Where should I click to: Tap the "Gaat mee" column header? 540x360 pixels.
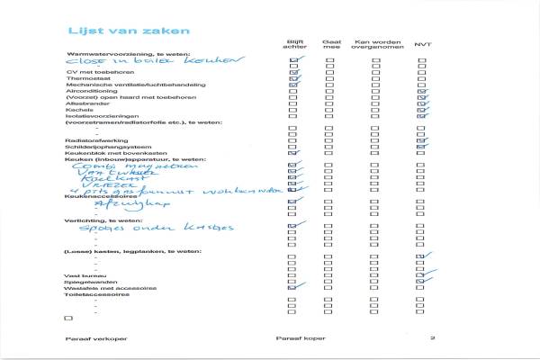330,44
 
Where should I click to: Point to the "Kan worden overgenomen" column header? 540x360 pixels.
375,44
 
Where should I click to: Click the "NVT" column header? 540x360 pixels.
422,44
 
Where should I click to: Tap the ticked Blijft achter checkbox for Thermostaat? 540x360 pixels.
293,79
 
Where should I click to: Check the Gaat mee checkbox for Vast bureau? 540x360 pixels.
329,274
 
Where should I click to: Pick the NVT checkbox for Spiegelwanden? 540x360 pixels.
422,281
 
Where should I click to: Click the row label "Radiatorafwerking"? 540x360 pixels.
93,139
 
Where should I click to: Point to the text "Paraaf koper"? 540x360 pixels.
298,337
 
